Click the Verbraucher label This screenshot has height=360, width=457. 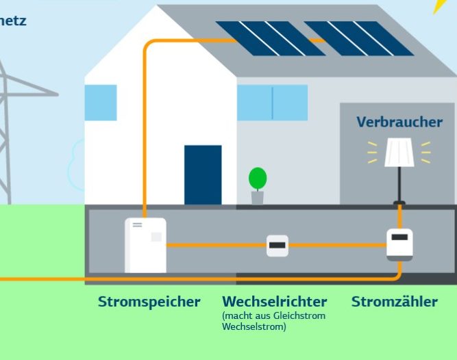coord(399,122)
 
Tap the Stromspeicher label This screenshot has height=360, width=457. coord(149,302)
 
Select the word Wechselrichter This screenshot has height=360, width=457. coord(274,302)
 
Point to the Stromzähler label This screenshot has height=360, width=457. coord(394,302)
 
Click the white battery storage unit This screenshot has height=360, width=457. coord(145,245)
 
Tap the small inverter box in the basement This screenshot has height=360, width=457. coord(277,245)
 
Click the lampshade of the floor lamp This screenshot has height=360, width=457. coord(399,153)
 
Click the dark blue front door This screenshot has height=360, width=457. coord(203,175)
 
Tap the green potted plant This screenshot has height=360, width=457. coord(258,180)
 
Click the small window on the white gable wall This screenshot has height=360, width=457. coord(101,103)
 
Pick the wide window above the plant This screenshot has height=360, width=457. coord(272,103)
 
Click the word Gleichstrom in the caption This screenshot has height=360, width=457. coord(299,316)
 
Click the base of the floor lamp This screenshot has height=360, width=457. coord(399,203)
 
